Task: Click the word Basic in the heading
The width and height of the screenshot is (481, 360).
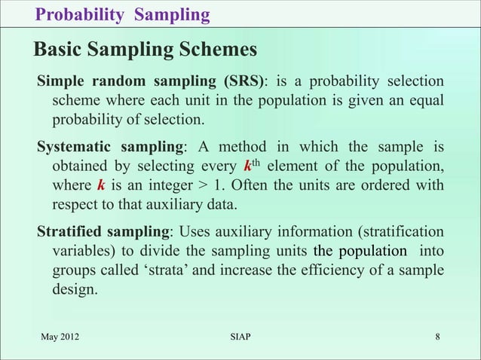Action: click(x=58, y=50)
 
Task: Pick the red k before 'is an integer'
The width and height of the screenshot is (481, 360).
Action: click(x=100, y=185)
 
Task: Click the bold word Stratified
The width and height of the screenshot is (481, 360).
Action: click(x=69, y=230)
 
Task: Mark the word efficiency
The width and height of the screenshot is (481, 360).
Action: click(x=335, y=270)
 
